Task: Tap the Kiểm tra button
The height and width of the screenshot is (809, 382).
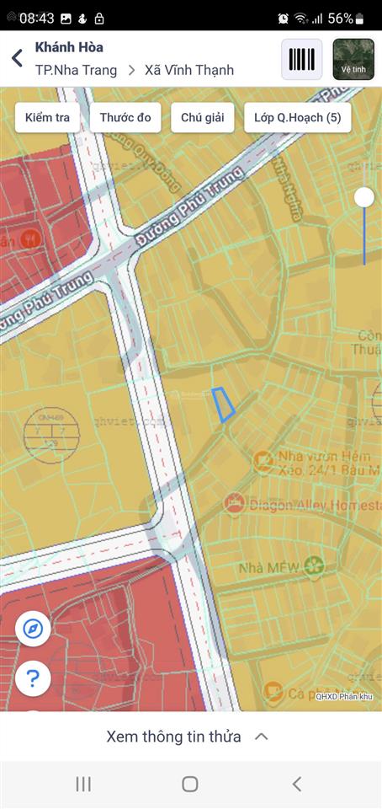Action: pos(48,118)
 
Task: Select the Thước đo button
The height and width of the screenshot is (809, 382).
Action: pos(125,118)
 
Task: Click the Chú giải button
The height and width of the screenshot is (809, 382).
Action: pos(202,118)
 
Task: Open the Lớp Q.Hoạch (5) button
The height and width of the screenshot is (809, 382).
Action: pos(297,118)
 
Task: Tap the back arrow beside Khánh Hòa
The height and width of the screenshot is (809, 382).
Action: pos(17,58)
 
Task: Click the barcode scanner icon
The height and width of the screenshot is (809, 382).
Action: pos(301,59)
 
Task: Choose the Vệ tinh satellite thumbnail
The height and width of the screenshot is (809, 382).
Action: pos(353,59)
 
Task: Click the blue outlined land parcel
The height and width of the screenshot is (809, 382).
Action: pos(223,404)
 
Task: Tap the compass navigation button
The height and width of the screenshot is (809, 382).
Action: pos(33,629)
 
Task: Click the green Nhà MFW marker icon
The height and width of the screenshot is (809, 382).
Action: pos(315,566)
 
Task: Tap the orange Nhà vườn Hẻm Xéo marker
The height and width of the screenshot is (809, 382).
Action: pos(263,460)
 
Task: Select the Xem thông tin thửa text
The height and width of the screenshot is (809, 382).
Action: pos(174,737)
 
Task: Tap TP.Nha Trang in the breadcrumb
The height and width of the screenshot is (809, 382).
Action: pos(76,70)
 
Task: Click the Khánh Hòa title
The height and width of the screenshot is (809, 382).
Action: pos(69,47)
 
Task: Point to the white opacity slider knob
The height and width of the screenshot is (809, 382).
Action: pos(364,197)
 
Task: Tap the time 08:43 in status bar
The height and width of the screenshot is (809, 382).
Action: pos(36,18)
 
